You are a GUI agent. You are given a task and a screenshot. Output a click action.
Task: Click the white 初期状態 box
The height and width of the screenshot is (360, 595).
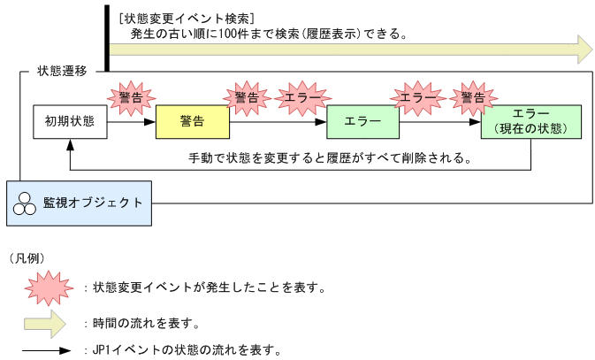click(x=70, y=121)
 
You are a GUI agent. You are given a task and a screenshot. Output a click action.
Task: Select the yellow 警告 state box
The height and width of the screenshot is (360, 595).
click(x=192, y=121)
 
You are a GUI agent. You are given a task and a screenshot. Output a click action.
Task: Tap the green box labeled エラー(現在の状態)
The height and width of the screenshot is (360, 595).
click(x=530, y=121)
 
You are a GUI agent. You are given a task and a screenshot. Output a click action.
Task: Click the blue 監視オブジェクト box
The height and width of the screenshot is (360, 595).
click(x=78, y=203)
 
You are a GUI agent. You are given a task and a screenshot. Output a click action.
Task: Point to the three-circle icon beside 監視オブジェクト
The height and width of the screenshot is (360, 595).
click(x=24, y=203)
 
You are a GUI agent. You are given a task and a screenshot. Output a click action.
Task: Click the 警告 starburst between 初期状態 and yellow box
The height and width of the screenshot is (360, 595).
click(x=131, y=97)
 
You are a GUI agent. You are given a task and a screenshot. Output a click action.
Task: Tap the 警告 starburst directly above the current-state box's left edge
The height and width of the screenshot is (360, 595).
click(x=473, y=97)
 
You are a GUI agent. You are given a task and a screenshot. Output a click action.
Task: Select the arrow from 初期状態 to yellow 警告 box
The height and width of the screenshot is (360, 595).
click(x=131, y=121)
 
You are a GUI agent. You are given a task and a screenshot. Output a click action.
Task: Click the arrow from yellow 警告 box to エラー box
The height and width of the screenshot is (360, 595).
click(x=277, y=121)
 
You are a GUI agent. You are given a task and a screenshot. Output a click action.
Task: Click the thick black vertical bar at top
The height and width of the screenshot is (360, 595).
click(x=107, y=35)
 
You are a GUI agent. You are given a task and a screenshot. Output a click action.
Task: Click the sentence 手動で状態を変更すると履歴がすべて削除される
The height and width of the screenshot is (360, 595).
click(x=329, y=158)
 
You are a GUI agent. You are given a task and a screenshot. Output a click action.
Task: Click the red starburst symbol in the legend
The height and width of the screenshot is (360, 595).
click(x=45, y=287)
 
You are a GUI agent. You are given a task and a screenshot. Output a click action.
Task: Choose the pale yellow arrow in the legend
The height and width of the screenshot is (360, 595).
click(x=45, y=322)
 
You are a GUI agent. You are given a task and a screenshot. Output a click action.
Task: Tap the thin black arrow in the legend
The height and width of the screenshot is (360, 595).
click(x=45, y=349)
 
